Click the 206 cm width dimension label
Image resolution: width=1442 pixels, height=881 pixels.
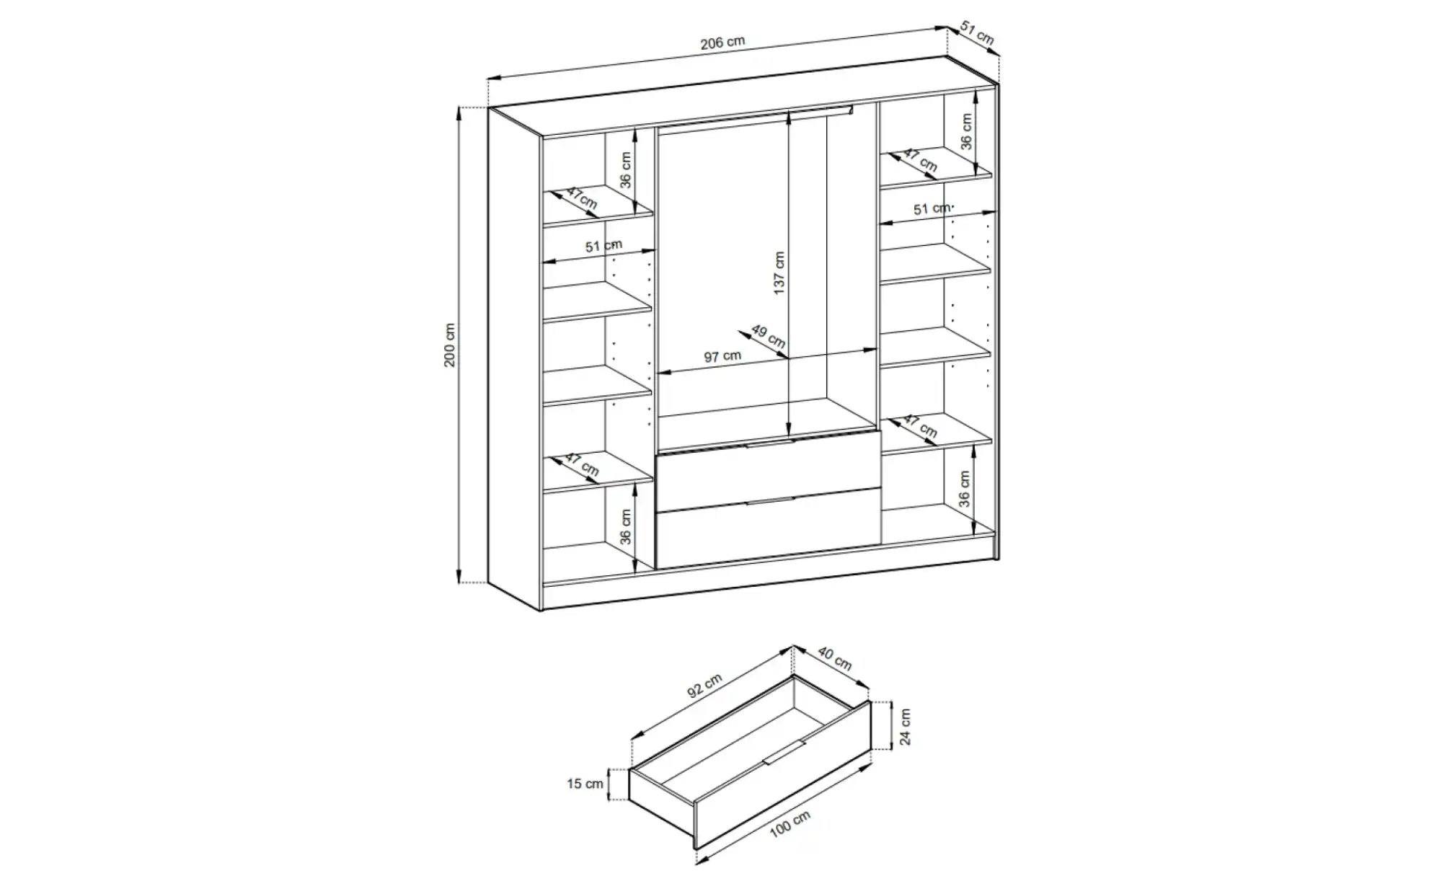point(722,43)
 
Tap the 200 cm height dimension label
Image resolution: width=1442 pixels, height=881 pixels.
point(450,345)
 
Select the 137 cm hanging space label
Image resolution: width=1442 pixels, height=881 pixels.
point(779,273)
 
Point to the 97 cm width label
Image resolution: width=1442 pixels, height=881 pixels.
point(722,357)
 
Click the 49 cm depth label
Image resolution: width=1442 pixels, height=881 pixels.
point(768,336)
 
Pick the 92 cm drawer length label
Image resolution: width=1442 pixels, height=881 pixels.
point(704,686)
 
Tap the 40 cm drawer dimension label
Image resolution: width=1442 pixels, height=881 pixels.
point(834,658)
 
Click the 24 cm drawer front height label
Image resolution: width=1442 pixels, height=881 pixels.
point(906,727)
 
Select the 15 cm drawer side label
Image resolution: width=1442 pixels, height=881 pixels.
point(585,784)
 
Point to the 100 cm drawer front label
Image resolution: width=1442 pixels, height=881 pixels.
point(790,823)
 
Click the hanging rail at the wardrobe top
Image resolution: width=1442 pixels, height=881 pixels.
point(756,118)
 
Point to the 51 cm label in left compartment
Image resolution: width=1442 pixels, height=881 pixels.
point(603,246)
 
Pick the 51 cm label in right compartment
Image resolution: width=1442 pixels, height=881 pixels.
point(932,208)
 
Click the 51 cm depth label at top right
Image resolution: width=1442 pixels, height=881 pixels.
point(978,33)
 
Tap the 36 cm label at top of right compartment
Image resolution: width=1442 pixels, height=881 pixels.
point(966,132)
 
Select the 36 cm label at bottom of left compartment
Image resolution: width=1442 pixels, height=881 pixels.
point(625,527)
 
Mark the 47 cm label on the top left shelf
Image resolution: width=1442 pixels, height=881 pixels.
point(581,198)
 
